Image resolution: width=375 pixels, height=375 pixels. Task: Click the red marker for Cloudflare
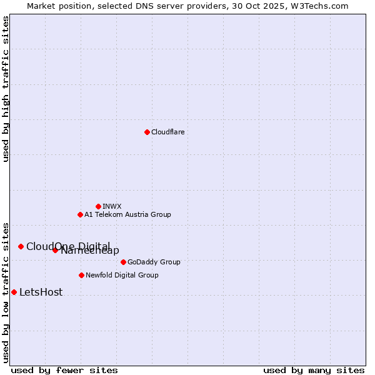(x=147, y=132)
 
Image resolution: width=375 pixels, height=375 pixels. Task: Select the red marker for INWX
(x=98, y=206)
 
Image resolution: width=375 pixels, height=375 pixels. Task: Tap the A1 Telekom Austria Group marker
(x=80, y=214)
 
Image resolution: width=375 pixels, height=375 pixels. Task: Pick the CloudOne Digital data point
(x=21, y=246)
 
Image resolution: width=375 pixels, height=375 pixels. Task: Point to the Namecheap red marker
(x=55, y=250)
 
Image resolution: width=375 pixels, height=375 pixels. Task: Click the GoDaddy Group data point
(x=123, y=262)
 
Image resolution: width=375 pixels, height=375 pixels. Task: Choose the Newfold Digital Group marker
(x=81, y=275)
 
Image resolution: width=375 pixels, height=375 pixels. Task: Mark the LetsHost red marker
(x=14, y=292)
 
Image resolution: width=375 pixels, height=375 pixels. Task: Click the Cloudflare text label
(x=167, y=132)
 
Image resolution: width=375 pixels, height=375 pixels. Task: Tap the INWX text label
(x=112, y=206)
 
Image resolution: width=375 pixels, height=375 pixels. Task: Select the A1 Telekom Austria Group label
(x=127, y=214)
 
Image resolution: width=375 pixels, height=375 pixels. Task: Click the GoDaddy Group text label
(x=154, y=262)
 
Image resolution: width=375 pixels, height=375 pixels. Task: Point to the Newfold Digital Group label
(x=122, y=275)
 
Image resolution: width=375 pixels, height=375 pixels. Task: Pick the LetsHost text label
(x=41, y=292)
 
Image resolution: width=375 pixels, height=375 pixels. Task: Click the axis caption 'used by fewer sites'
(x=64, y=370)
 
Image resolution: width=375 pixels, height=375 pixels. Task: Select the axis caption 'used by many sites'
(x=314, y=370)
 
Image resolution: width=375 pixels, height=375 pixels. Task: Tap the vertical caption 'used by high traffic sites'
(x=6, y=89)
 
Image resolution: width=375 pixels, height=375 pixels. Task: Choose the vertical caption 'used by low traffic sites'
(x=6, y=292)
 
